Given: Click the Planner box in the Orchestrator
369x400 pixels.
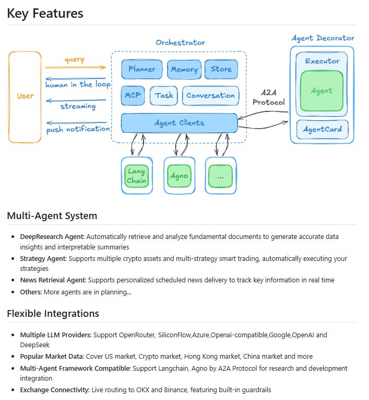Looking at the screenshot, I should [142, 69].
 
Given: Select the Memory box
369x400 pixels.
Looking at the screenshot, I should [184, 69].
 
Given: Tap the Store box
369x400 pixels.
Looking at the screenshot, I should [221, 69].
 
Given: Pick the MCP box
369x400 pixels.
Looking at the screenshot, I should [133, 96].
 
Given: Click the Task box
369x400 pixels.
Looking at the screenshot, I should [164, 96].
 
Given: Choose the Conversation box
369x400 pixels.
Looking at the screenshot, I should [210, 96].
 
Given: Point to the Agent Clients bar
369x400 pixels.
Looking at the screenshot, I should [179, 123].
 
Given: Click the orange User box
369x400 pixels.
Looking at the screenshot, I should [25, 97].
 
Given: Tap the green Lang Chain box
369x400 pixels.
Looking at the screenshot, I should [136, 176].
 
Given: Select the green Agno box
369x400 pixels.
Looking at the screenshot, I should [179, 176].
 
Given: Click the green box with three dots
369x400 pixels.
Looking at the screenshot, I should [220, 176].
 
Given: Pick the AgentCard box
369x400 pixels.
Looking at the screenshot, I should [322, 129].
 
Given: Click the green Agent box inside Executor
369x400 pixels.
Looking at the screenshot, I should [322, 91].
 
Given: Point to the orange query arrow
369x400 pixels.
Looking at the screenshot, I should [75, 67].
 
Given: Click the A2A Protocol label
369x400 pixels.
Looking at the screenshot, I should [269, 97].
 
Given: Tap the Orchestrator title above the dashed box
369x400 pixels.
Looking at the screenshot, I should [180, 42].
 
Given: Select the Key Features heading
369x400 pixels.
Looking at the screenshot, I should [45, 14].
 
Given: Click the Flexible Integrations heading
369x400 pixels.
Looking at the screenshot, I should [53, 314].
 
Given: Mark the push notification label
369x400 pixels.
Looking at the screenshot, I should [78, 129].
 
